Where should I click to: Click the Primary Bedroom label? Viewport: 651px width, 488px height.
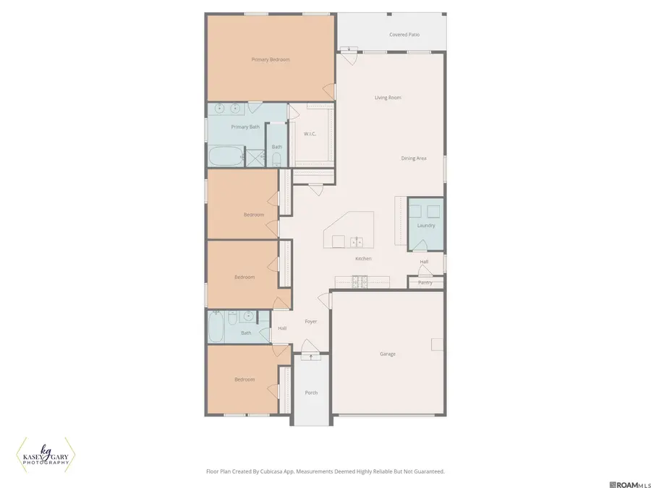point(271,59)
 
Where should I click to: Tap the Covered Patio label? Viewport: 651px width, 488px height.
point(404,35)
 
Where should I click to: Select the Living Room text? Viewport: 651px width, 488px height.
point(388,98)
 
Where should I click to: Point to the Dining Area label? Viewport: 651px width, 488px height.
point(414,158)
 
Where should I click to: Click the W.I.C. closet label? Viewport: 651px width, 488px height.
point(310,134)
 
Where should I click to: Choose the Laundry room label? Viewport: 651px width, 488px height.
point(426,226)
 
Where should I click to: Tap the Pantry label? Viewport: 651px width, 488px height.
point(425,283)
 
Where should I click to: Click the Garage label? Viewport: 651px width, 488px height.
point(388,354)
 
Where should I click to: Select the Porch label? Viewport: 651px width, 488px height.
point(311,393)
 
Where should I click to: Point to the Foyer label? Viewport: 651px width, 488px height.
point(311,321)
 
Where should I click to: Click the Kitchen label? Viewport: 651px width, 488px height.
point(363,259)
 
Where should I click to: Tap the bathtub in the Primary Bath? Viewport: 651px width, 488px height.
point(226,156)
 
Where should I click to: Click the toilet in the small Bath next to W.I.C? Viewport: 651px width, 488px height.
point(276,160)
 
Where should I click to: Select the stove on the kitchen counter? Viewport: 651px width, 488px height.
point(359,282)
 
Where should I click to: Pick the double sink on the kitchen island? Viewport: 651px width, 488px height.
point(356,242)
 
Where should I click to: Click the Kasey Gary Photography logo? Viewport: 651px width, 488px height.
point(46,455)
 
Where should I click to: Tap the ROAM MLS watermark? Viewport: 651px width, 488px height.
point(630,484)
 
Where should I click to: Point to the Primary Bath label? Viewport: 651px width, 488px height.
point(245,127)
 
